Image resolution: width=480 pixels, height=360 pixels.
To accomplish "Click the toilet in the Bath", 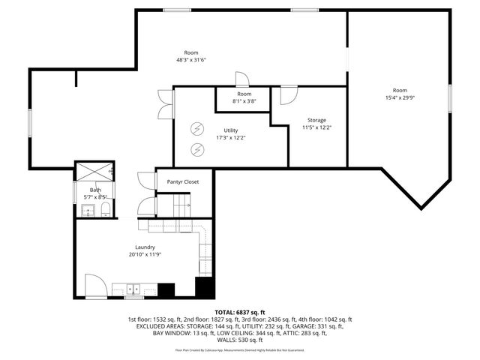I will [105, 209].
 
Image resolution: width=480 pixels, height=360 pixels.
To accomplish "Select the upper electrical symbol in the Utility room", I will [197, 128].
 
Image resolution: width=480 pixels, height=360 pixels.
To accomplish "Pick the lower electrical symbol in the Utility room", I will [197, 148].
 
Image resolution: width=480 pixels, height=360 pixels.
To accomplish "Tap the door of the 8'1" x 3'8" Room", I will [241, 80].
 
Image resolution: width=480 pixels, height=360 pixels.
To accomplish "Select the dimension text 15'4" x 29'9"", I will [400, 97].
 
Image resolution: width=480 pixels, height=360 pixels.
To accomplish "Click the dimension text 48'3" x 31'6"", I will [190, 60].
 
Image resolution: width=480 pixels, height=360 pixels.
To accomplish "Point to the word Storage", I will [316, 120].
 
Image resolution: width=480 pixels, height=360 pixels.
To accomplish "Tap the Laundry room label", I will [145, 247].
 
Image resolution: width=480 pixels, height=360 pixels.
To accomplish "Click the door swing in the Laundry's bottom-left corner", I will [94, 286].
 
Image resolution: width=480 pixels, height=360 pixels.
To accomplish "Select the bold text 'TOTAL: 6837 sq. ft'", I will [240, 312].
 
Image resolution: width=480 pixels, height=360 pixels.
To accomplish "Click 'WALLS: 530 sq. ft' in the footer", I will [240, 340].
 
